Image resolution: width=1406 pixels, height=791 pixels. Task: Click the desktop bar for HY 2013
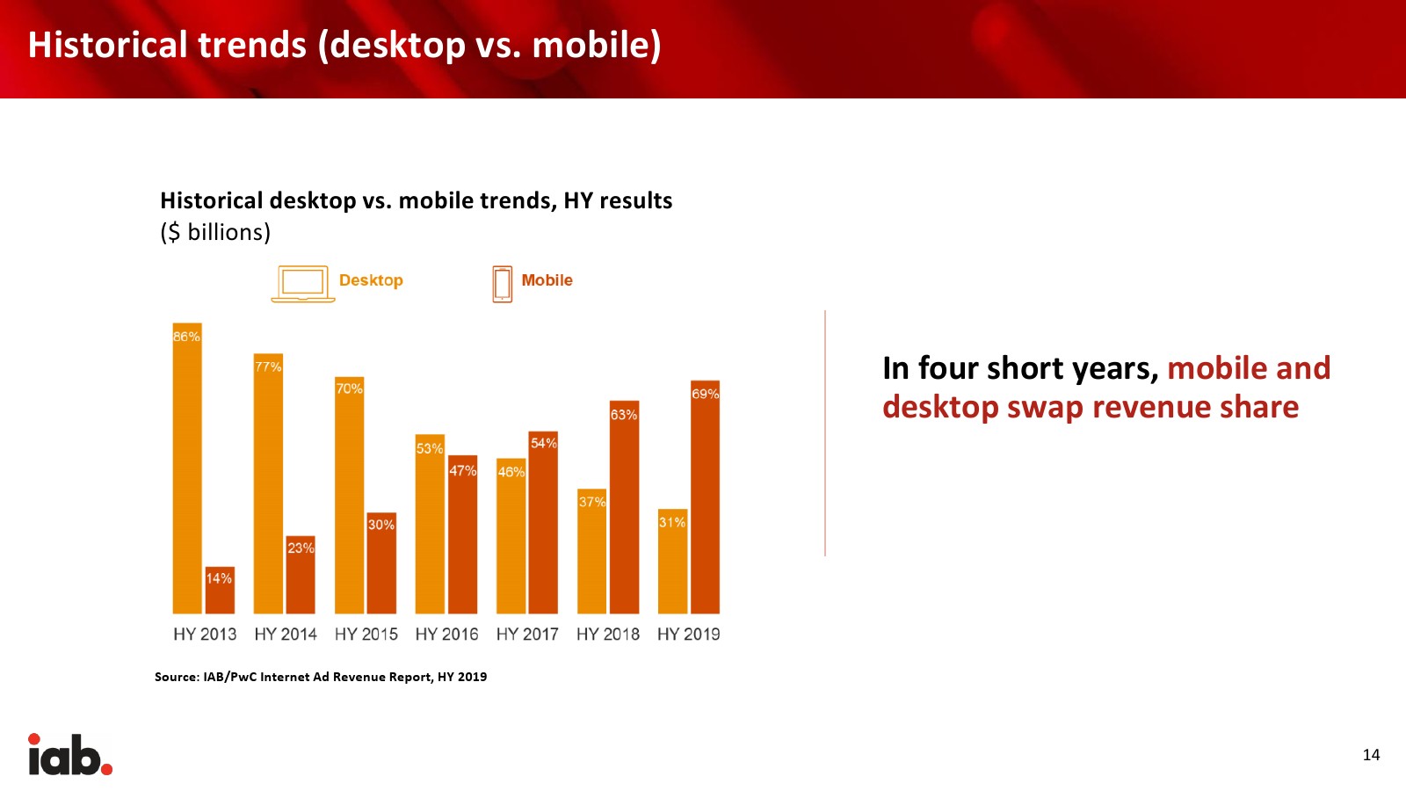click(187, 468)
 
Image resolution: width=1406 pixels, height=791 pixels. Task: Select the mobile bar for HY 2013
click(220, 590)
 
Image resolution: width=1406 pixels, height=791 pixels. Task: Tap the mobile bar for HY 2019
click(705, 497)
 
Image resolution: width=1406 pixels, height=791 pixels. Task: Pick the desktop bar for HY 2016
click(430, 524)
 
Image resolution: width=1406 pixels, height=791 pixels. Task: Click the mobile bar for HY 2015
click(381, 563)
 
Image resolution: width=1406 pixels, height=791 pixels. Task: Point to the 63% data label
click(624, 415)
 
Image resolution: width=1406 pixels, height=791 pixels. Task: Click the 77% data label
click(268, 366)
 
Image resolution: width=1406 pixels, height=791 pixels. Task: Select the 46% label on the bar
click(511, 471)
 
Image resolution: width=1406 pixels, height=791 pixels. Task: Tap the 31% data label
click(672, 522)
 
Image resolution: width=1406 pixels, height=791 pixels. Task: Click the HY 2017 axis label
click(527, 635)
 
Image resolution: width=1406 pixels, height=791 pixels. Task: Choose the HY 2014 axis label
click(286, 635)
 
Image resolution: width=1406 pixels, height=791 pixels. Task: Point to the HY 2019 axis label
click(689, 635)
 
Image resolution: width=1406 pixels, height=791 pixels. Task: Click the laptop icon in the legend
click(302, 284)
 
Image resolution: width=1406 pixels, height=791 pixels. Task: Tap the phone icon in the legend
click(502, 285)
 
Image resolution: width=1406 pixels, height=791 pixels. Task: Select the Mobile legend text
click(547, 280)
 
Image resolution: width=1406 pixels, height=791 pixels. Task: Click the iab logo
click(70, 754)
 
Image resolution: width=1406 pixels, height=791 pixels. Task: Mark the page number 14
click(1371, 755)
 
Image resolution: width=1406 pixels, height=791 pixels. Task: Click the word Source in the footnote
click(177, 677)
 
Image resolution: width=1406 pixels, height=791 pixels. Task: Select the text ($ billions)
click(215, 232)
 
